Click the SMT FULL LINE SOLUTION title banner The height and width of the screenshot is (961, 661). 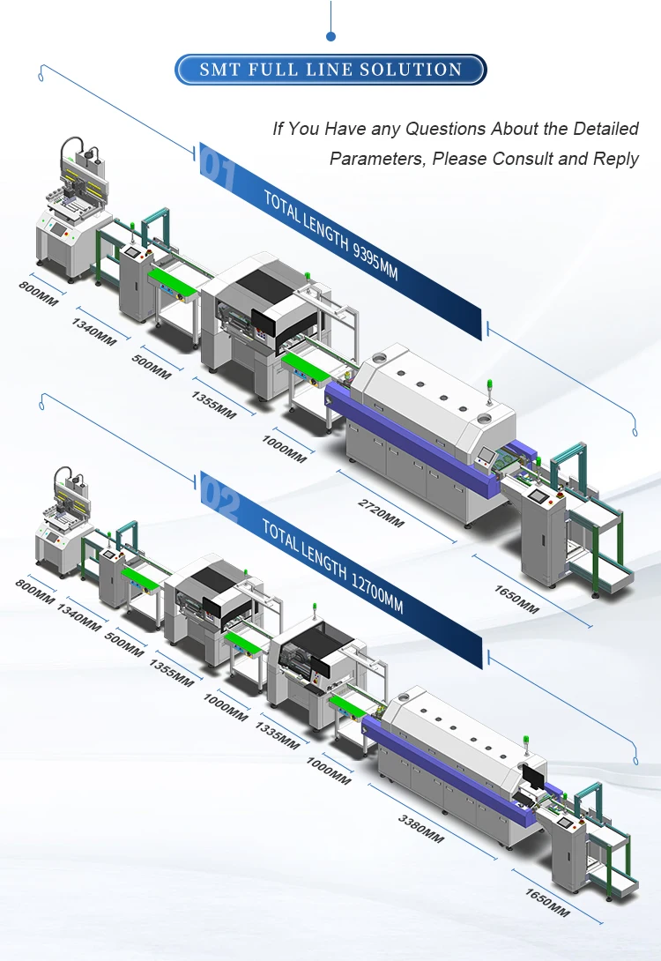(x=330, y=70)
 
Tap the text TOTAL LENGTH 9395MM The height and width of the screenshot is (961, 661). (x=330, y=235)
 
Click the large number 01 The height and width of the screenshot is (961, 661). (x=219, y=169)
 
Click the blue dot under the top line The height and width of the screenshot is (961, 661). (x=330, y=36)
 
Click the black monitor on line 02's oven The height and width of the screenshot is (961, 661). (x=534, y=775)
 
